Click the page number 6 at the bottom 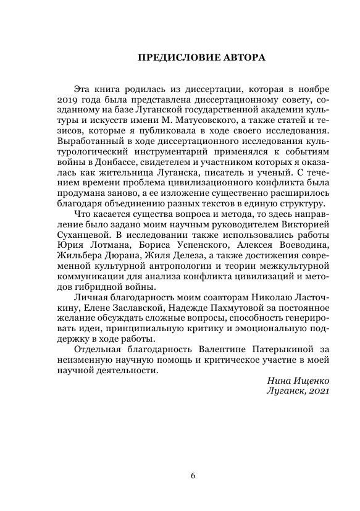pyautogui.click(x=193, y=475)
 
